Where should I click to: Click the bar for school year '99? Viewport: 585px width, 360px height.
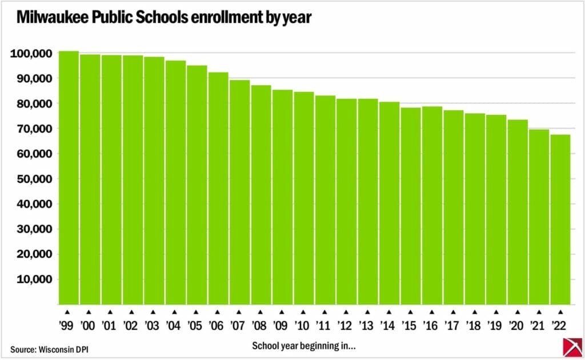tap(69, 177)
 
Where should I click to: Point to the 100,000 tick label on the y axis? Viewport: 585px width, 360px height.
tap(32, 54)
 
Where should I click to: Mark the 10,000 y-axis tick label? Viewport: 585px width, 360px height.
tap(35, 279)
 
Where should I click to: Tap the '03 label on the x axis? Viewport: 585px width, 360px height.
tap(153, 325)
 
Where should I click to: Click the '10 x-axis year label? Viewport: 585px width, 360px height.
tap(303, 325)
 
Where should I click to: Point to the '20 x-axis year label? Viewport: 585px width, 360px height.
tap(516, 325)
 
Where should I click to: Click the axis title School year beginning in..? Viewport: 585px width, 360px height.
tap(304, 346)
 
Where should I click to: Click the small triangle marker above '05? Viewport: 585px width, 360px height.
tap(196, 312)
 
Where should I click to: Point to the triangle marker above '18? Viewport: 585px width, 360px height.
tap(474, 312)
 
